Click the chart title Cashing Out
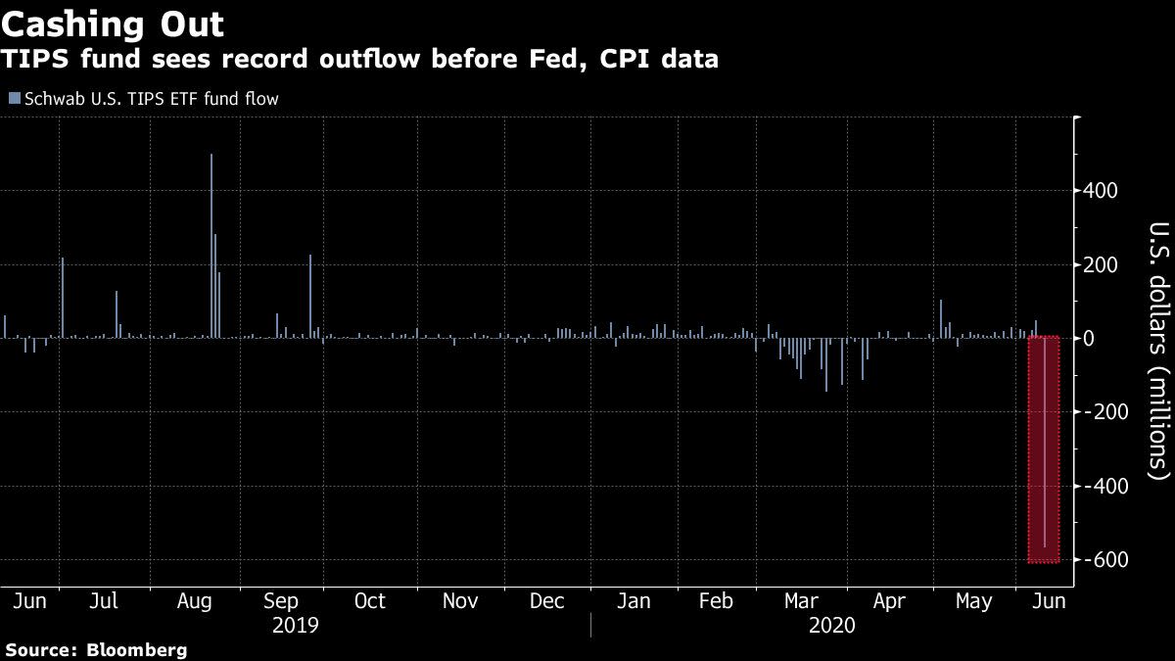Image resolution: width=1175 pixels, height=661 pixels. tap(113, 24)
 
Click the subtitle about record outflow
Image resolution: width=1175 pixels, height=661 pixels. tap(359, 60)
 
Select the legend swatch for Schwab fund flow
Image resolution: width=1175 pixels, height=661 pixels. tap(13, 98)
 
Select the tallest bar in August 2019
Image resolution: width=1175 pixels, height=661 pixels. tap(211, 245)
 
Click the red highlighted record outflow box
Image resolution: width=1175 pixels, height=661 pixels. tap(1045, 450)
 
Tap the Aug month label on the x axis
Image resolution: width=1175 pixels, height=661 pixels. tap(195, 601)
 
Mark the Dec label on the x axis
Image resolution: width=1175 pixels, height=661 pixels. tap(548, 601)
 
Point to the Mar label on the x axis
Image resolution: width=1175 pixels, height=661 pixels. tap(803, 601)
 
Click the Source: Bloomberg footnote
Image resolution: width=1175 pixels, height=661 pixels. tap(96, 649)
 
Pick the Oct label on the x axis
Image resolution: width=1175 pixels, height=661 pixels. tap(370, 601)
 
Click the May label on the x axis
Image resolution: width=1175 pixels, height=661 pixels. tap(974, 601)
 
